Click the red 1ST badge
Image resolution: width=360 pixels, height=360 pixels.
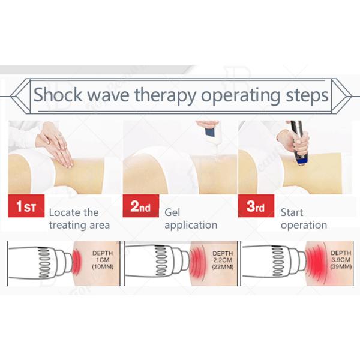(x=25, y=207)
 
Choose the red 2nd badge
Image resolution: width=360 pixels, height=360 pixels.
(x=140, y=207)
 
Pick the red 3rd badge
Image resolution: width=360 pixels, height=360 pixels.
(x=256, y=207)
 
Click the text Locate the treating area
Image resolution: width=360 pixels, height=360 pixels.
(x=79, y=219)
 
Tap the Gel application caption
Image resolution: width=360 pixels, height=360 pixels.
(x=190, y=219)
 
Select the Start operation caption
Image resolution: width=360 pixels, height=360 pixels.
(x=304, y=219)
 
